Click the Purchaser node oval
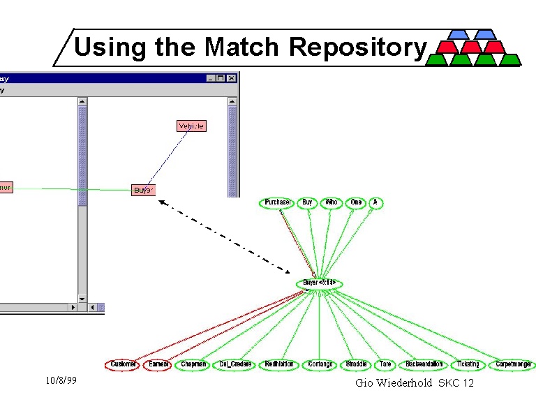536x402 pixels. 277,203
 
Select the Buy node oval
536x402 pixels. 307,203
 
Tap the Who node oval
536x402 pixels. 331,203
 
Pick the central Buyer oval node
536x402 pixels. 319,284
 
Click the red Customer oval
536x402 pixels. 123,364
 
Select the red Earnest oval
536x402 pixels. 158,364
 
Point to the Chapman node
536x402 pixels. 193,364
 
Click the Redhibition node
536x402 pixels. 279,364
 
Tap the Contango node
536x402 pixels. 320,364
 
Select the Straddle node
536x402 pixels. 357,364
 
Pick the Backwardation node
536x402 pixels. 424,364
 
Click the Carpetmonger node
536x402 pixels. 513,364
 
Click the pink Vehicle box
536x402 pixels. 191,126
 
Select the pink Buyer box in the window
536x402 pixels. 143,190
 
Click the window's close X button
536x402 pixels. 232,78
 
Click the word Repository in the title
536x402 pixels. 357,47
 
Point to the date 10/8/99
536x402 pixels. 60,381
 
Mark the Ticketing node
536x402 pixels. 468,364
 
